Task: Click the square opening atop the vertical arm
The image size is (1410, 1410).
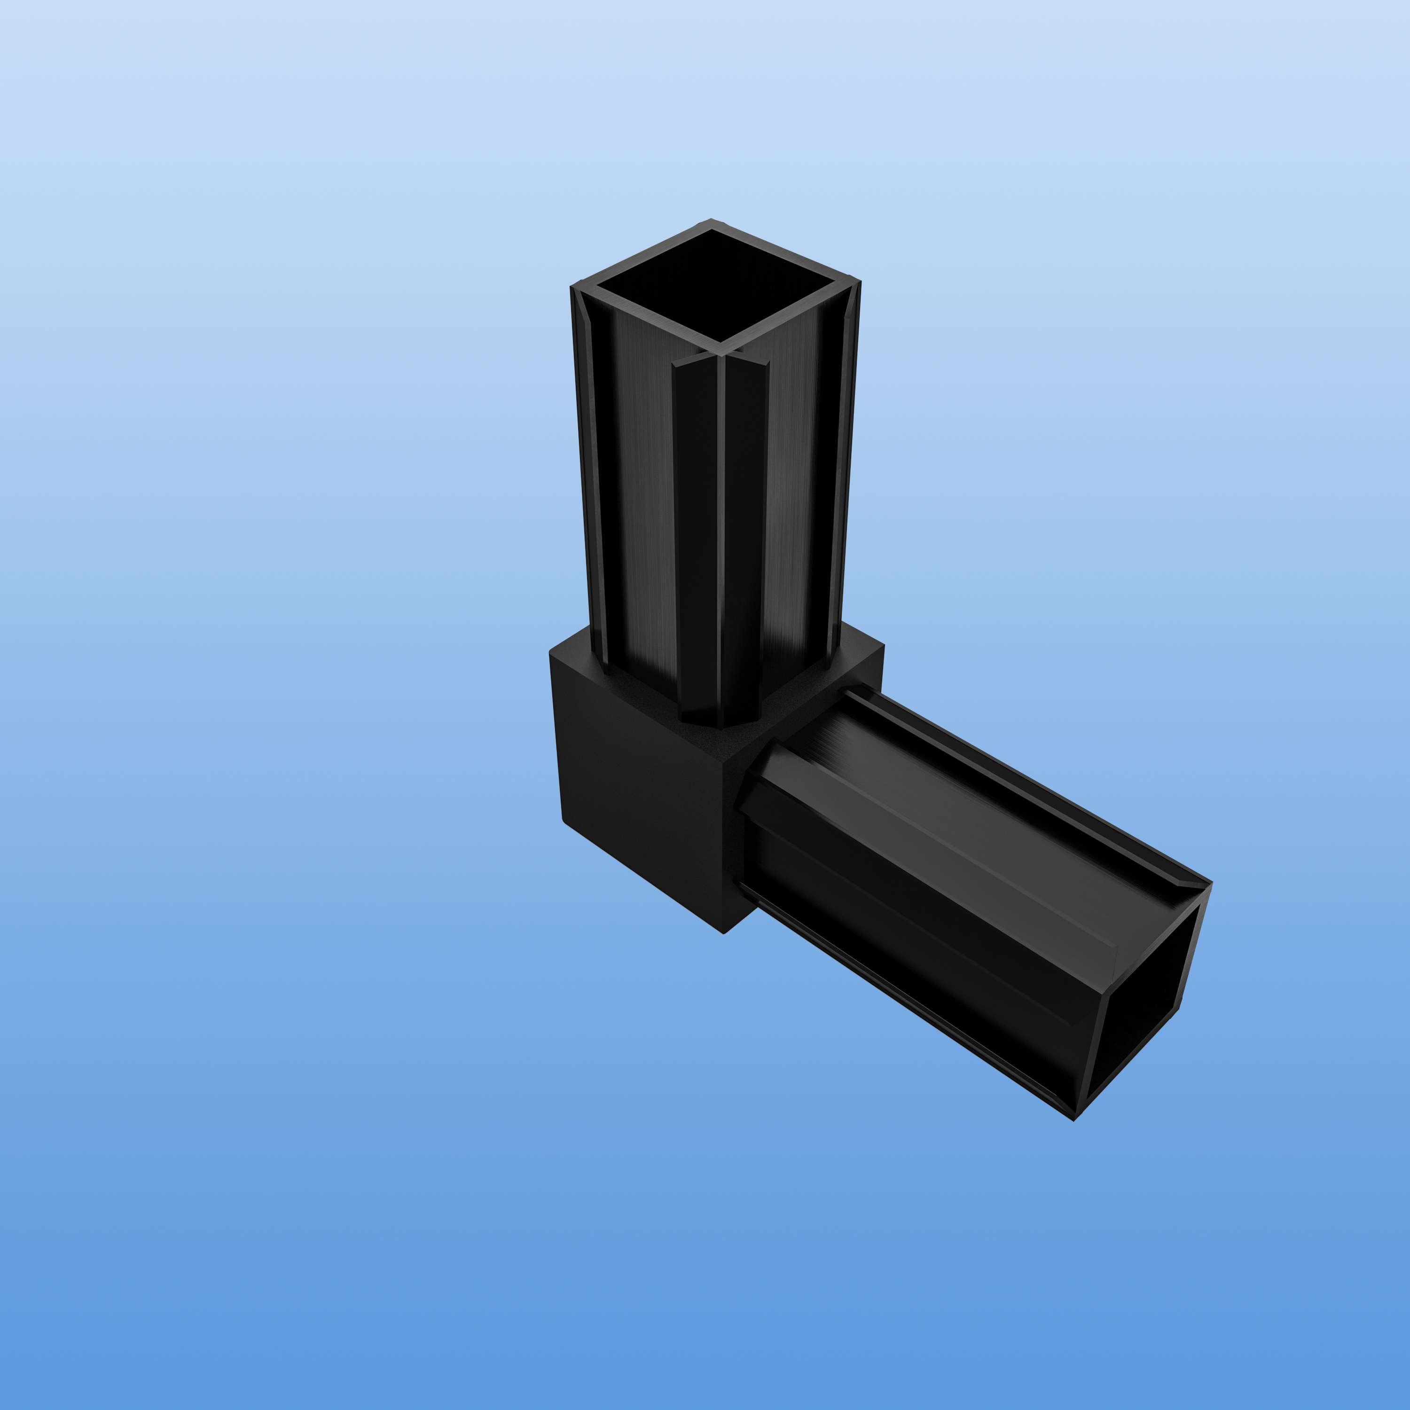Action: click(719, 285)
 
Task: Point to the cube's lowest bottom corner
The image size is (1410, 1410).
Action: click(723, 932)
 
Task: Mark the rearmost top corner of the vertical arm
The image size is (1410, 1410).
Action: click(712, 219)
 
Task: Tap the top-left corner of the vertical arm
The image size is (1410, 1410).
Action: click(572, 286)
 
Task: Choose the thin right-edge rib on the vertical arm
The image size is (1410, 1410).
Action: click(846, 474)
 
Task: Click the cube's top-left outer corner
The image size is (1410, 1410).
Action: click(551, 652)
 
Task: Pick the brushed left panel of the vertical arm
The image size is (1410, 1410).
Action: click(635, 496)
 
